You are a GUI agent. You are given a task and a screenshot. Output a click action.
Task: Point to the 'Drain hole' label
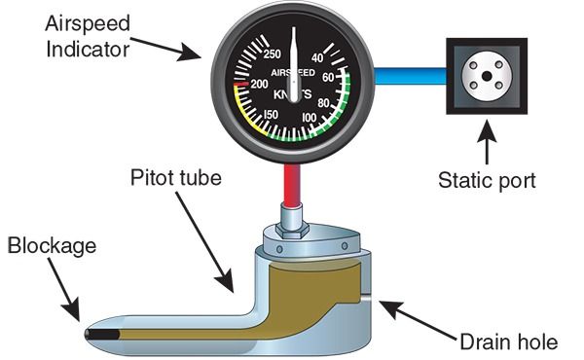[508, 342]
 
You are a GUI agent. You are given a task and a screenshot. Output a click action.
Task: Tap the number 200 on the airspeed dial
[258, 85]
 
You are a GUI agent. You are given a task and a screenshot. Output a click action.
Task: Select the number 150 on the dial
[272, 116]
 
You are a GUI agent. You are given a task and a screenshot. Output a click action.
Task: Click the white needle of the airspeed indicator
[293, 68]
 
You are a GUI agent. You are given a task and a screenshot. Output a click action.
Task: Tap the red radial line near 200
[239, 85]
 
